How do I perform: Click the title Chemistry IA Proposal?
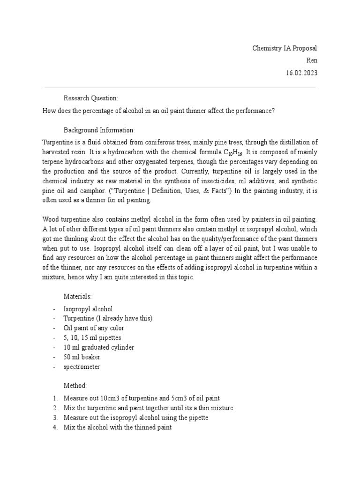tap(285, 48)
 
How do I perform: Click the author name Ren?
tap(311, 60)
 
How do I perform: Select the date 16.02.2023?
tap(301, 73)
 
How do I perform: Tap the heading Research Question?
tap(91, 98)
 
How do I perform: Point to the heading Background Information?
tap(99, 129)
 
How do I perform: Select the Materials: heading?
tap(78, 296)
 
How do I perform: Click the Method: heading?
tap(75, 385)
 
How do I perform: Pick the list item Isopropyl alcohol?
tap(88, 309)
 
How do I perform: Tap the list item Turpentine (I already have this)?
tap(108, 318)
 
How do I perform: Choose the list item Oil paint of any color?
tap(94, 328)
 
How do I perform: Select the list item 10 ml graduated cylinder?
tap(99, 347)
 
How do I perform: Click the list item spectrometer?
tap(82, 367)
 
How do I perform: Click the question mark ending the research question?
tap(273, 111)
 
